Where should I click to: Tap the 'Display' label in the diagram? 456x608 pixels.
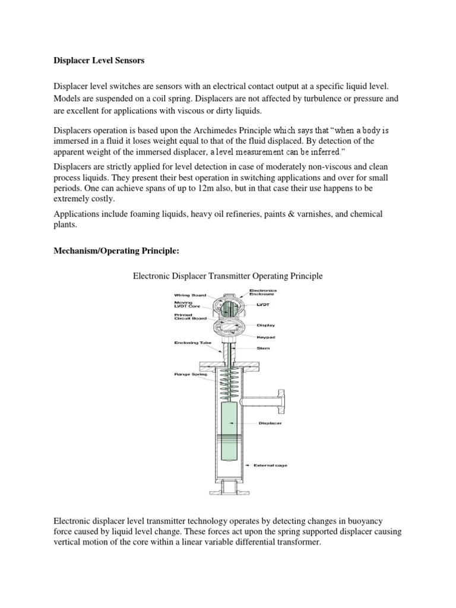[x=265, y=325]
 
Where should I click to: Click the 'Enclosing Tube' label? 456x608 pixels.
[x=189, y=343]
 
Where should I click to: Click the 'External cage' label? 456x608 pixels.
[x=271, y=465]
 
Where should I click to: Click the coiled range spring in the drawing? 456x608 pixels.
[x=229, y=384]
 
